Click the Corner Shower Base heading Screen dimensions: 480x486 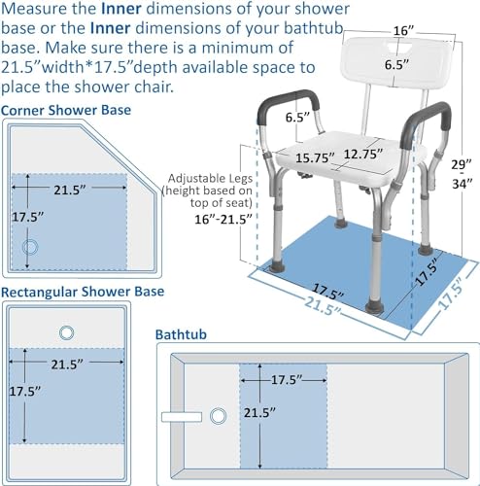pos(66,110)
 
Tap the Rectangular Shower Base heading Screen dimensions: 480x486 pos(83,292)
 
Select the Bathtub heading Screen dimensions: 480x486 pos(181,334)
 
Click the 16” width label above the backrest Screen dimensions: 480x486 pos(403,31)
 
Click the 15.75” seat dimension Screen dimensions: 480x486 pos(315,158)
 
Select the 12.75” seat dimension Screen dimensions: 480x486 pos(363,154)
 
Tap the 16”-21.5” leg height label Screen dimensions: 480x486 pos(223,220)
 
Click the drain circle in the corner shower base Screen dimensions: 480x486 pos(30,247)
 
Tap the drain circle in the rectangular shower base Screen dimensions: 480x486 pos(66,332)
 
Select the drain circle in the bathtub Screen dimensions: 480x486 pos(218,416)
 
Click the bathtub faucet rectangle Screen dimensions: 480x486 pos(182,417)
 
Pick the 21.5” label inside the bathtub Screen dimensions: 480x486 pos(259,413)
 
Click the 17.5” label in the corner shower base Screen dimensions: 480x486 pos(27,217)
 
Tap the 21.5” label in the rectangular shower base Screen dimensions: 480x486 pos(67,364)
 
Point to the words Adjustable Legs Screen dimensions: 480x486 pos(210,179)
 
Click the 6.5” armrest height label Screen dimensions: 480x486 pos(297,118)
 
